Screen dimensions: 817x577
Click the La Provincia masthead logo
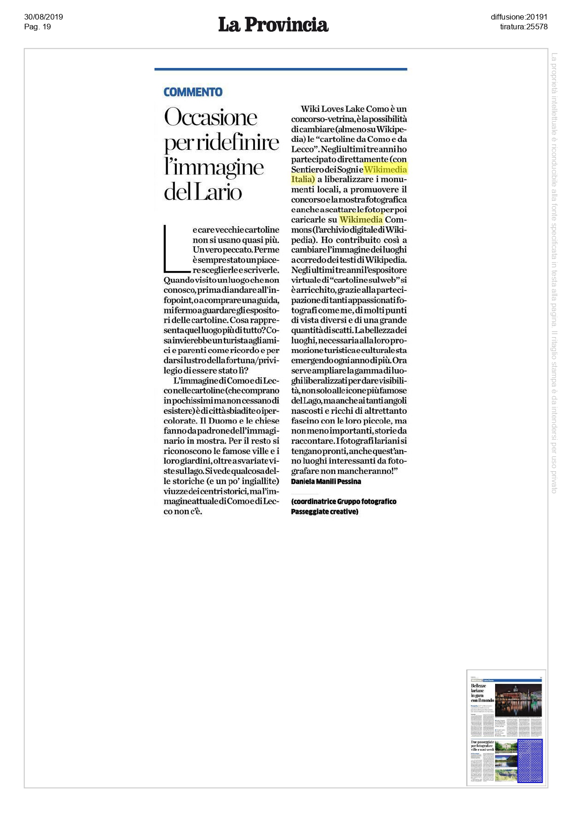(273, 25)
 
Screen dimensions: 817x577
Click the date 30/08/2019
(43, 17)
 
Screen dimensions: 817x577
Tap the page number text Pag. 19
(37, 27)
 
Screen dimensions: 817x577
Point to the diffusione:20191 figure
(519, 17)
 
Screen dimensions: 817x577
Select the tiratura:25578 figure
(523, 27)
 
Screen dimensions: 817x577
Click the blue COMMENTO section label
(193, 92)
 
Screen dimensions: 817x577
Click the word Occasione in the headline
(210, 117)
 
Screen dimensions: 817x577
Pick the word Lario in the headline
(218, 192)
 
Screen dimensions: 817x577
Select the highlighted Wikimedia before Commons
(361, 220)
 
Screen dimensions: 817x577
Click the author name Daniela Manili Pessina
(326, 481)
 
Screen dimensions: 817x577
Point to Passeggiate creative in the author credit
(324, 512)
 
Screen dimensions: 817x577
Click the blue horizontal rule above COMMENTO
(281, 69)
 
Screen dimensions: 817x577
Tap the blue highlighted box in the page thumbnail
(530, 760)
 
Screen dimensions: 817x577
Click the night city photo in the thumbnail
(518, 700)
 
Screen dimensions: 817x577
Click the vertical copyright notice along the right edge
(554, 272)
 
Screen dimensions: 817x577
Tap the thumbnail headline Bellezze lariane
(478, 688)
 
